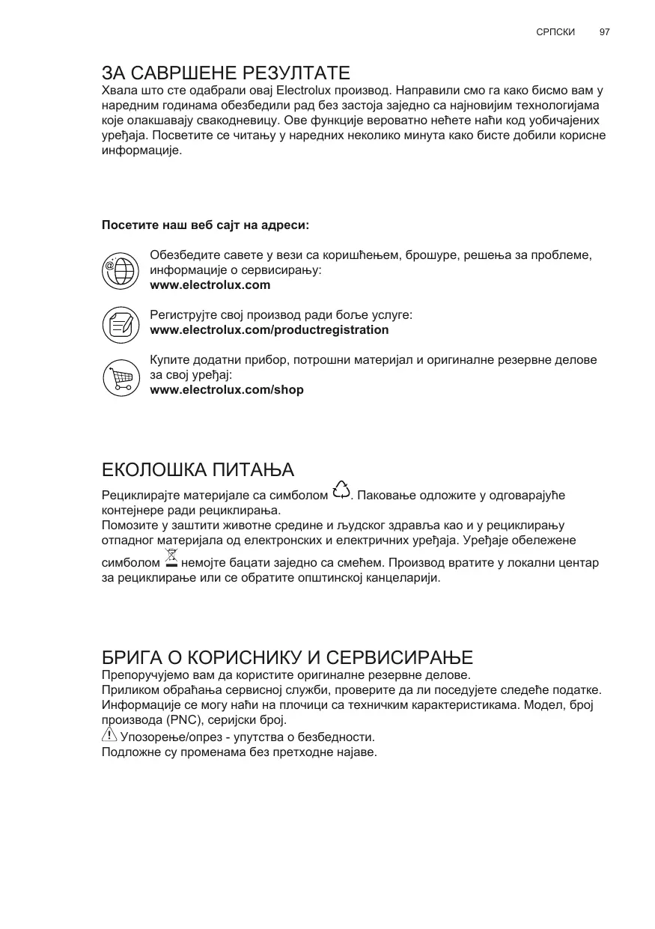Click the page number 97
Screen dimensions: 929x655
[x=605, y=33]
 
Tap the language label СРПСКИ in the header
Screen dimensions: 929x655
[x=555, y=33]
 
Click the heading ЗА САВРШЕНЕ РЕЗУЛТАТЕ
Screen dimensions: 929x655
[x=226, y=73]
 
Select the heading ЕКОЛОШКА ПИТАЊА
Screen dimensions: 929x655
[x=198, y=470]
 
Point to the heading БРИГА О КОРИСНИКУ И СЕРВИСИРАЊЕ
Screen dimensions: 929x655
[x=287, y=658]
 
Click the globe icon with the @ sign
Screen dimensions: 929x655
[x=120, y=270]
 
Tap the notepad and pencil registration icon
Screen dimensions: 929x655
[x=120, y=323]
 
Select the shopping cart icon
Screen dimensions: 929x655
[x=120, y=376]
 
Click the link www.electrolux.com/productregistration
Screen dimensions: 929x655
[x=269, y=330]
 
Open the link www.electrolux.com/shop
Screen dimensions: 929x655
[x=227, y=390]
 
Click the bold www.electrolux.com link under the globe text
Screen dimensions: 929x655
[x=210, y=285]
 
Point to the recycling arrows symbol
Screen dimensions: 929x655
[x=341, y=490]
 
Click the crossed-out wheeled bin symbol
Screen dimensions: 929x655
[x=171, y=558]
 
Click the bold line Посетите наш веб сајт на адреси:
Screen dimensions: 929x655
[x=205, y=225]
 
